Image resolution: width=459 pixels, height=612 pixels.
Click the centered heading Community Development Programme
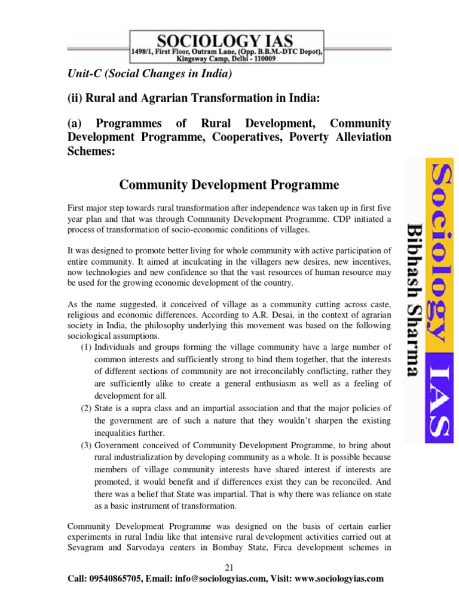(x=229, y=184)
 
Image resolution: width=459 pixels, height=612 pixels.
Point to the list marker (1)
(x=86, y=347)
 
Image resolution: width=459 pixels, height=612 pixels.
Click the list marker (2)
(x=86, y=408)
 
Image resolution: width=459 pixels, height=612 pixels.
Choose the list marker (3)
(x=86, y=445)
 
